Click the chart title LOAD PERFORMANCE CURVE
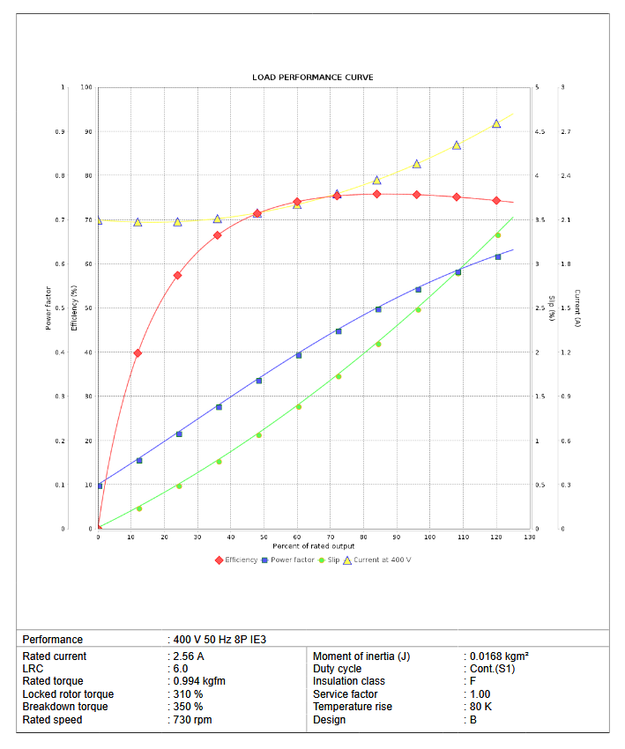click(313, 78)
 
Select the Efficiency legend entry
click(241, 560)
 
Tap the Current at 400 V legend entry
click(382, 560)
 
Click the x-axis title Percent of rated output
click(313, 546)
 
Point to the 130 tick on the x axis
click(530, 537)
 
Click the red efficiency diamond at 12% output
click(138, 352)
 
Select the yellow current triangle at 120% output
click(496, 123)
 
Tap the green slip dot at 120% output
click(497, 235)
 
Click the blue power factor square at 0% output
click(100, 486)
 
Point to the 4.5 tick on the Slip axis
click(539, 132)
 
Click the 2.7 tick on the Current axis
click(566, 132)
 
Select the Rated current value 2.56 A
click(189, 656)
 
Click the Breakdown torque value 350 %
click(188, 707)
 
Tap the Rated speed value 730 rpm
click(192, 720)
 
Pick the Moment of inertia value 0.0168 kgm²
click(498, 656)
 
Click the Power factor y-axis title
click(48, 308)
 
